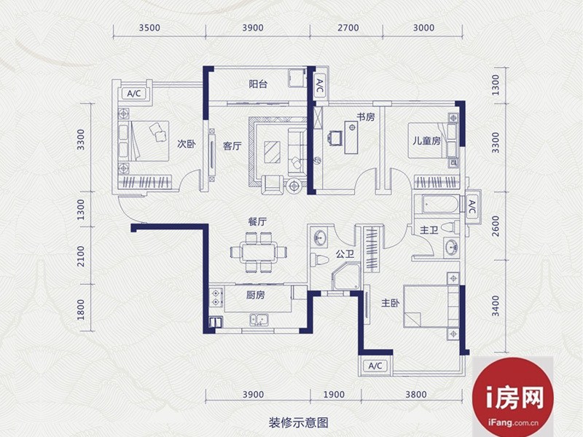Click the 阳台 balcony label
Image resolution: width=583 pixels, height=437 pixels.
point(258,84)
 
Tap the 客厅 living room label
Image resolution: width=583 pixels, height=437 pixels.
point(232,146)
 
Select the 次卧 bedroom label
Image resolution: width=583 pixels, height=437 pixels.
point(186,143)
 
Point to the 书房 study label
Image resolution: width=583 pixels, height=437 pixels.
point(366,117)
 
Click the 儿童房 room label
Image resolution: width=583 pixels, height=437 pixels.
point(426,141)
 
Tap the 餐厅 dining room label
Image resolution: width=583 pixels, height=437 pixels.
point(257,222)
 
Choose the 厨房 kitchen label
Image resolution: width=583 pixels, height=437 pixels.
point(256,295)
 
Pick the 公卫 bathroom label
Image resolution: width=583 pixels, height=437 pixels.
point(345,254)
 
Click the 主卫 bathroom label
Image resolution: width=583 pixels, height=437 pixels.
point(429,230)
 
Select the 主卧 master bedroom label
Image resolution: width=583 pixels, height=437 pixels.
point(390,303)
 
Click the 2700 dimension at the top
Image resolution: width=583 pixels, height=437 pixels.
point(348,28)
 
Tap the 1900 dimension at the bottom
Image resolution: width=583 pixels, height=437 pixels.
point(334,395)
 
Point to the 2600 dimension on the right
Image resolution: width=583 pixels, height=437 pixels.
point(496,226)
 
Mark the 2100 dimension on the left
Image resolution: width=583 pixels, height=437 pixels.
point(81,256)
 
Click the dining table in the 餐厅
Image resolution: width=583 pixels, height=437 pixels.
point(259,252)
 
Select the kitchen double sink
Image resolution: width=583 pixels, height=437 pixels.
point(259,320)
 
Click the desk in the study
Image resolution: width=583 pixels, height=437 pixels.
point(351,137)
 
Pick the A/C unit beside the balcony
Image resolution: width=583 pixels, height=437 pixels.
point(320,86)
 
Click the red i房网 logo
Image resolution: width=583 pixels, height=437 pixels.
point(513,397)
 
